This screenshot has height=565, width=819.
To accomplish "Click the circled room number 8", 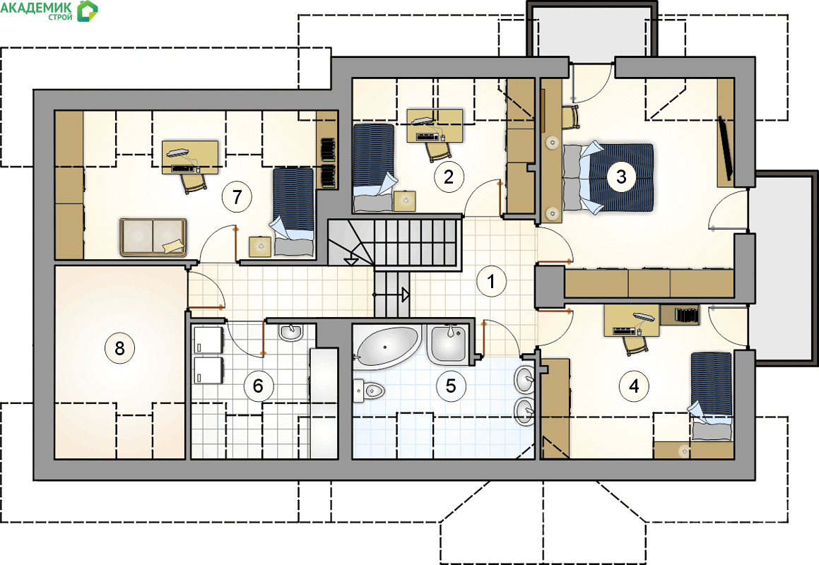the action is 119,347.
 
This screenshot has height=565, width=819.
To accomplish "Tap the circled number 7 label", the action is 237,197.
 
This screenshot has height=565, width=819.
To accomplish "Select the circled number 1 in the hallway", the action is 491,282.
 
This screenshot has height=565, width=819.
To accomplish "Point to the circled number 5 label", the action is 450,386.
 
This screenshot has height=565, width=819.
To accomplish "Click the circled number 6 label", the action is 258,386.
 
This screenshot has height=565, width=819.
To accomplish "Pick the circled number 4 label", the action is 634,386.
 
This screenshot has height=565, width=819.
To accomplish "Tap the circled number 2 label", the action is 449,177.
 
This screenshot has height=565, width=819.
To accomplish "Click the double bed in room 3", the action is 609,177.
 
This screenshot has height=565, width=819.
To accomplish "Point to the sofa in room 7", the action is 153,237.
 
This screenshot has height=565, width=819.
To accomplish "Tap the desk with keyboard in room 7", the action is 190,157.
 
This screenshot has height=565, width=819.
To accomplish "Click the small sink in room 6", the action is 291,331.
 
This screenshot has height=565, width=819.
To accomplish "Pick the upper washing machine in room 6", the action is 208,340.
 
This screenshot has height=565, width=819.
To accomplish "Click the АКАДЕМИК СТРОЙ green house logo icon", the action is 87,11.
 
